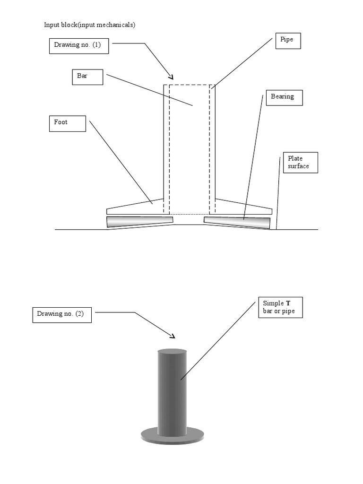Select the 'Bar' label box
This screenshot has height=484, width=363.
point(87,77)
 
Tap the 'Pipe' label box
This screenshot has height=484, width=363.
point(288,41)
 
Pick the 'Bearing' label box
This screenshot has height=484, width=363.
point(284,97)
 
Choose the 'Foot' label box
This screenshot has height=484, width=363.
point(67,123)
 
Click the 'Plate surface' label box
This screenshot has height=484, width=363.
point(300,163)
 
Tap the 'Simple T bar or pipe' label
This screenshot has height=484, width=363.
point(280,308)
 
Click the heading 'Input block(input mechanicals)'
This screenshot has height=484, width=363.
point(90,25)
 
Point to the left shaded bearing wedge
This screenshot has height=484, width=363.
point(139,221)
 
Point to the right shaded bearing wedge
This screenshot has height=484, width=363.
point(237,222)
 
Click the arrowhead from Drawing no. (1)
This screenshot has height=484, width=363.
point(171,77)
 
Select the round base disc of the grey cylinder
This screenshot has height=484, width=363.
point(172,437)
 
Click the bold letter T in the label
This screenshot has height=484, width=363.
point(288,303)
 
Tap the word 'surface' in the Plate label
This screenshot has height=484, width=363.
point(298,166)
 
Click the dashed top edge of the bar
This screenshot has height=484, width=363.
point(189,85)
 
